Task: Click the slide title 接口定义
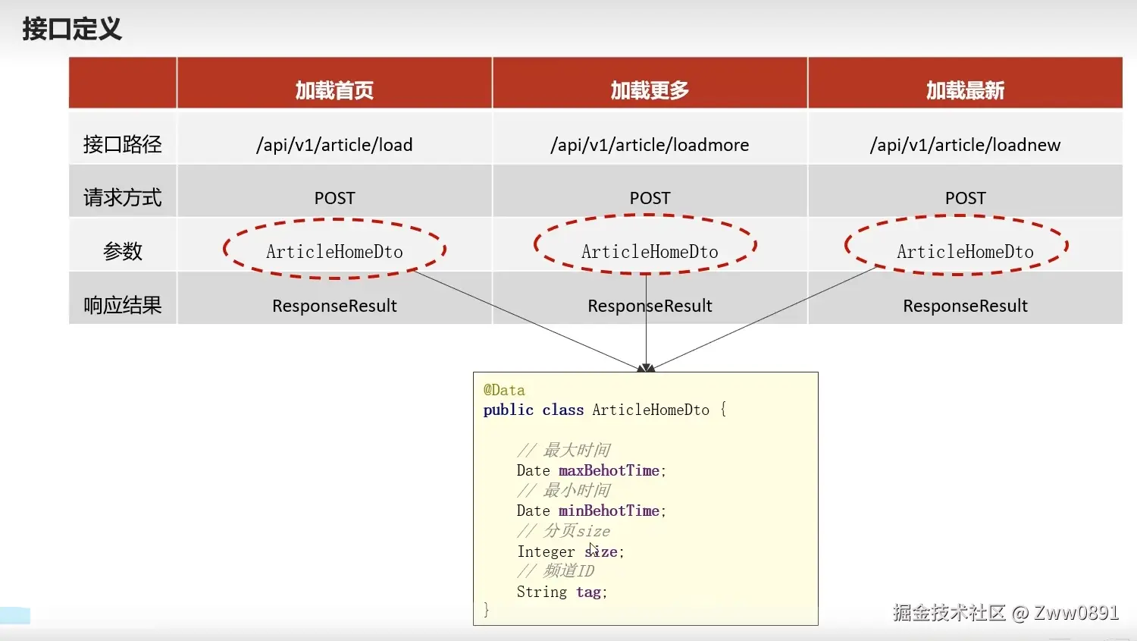[72, 29]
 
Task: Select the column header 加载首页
[334, 90]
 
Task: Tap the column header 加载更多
[650, 90]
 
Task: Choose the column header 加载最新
[965, 90]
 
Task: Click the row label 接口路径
[122, 144]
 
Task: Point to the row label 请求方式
[122, 198]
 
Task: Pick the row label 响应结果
[122, 305]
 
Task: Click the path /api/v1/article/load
[334, 145]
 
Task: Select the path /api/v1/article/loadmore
[650, 145]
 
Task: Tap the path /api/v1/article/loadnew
[965, 145]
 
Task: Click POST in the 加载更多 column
[650, 198]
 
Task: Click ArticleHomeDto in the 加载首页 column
[334, 252]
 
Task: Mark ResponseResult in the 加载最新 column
[965, 306]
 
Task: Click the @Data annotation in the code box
[504, 390]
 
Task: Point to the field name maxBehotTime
[609, 470]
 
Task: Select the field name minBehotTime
[609, 511]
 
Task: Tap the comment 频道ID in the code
[568, 570]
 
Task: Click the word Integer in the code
[546, 551]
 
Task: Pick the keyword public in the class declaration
[509, 410]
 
